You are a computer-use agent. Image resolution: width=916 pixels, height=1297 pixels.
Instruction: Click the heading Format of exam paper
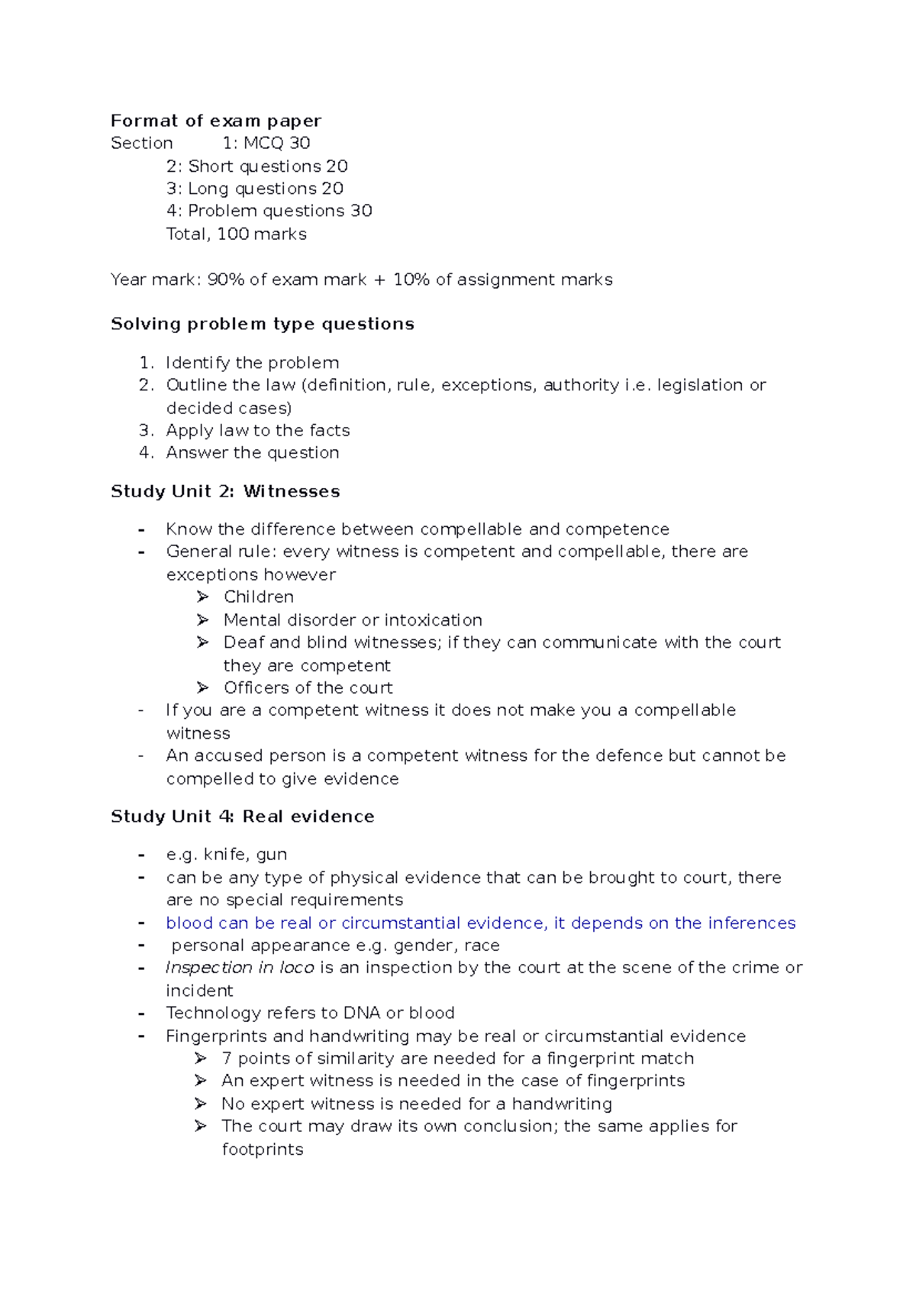pyautogui.click(x=216, y=121)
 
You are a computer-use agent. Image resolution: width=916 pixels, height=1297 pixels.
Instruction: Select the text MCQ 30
pyautogui.click(x=276, y=143)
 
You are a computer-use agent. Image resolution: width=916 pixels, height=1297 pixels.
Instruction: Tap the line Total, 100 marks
pyautogui.click(x=237, y=234)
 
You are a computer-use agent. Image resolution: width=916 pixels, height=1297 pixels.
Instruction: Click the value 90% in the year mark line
pyautogui.click(x=226, y=280)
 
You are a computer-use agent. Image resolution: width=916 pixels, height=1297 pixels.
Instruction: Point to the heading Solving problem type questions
pyautogui.click(x=263, y=324)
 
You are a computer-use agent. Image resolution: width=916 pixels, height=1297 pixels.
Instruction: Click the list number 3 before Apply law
pyautogui.click(x=146, y=430)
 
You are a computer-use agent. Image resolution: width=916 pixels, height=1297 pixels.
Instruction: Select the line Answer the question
pyautogui.click(x=253, y=452)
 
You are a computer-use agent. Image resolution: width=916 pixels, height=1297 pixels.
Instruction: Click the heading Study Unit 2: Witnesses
pyautogui.click(x=225, y=491)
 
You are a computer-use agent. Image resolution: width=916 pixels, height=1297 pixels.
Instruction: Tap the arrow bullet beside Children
pyautogui.click(x=202, y=597)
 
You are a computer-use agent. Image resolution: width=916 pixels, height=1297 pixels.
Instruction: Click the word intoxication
pyautogui.click(x=434, y=619)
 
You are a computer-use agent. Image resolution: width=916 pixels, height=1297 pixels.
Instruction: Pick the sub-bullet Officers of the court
pyautogui.click(x=308, y=687)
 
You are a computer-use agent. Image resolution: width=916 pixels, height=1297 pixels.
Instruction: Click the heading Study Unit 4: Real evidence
pyautogui.click(x=243, y=817)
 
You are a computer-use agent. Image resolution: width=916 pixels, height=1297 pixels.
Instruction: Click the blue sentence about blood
pyautogui.click(x=481, y=923)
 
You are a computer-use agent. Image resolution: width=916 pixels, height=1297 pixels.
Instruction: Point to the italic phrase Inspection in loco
pyautogui.click(x=240, y=968)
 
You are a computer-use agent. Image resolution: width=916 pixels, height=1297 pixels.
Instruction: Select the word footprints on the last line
pyautogui.click(x=263, y=1149)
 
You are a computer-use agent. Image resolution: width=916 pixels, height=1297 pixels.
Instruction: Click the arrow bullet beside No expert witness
pyautogui.click(x=201, y=1104)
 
